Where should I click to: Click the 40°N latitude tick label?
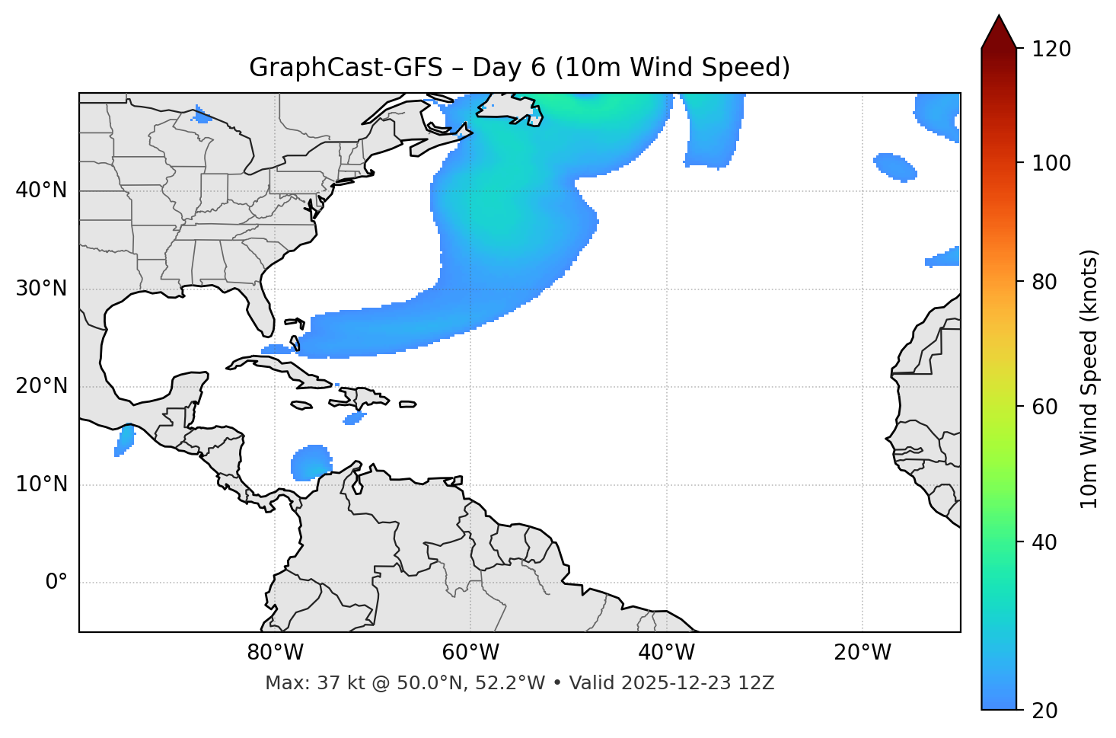click(x=41, y=190)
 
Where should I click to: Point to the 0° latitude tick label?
click(x=56, y=583)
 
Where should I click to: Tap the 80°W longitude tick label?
click(x=275, y=653)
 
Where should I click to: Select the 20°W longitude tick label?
click(x=863, y=653)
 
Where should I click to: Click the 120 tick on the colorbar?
click(x=1051, y=50)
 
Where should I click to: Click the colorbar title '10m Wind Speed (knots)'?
click(x=1089, y=379)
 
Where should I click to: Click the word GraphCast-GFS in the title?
click(x=346, y=68)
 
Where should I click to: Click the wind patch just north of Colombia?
click(x=311, y=463)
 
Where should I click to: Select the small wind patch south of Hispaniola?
click(x=354, y=418)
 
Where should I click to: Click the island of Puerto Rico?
click(x=407, y=404)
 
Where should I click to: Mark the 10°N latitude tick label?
click(x=41, y=484)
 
